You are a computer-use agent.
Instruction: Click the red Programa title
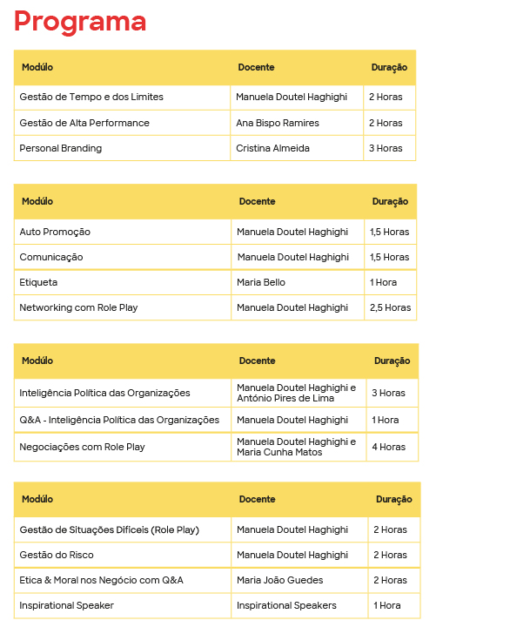pyautogui.click(x=80, y=22)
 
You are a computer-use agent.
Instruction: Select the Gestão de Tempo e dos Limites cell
pyautogui.click(x=91, y=97)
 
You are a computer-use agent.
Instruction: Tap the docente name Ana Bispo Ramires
pyautogui.click(x=277, y=123)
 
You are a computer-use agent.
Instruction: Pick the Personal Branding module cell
pyautogui.click(x=61, y=148)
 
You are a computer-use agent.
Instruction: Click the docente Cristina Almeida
pyautogui.click(x=272, y=148)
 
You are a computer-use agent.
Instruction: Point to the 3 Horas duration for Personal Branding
pyautogui.click(x=386, y=148)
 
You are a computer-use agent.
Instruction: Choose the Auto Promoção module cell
pyautogui.click(x=55, y=232)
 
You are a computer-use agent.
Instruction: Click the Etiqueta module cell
pyautogui.click(x=38, y=282)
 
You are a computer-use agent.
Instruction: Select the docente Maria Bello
pyautogui.click(x=261, y=282)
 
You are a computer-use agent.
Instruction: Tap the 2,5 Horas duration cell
pyautogui.click(x=390, y=307)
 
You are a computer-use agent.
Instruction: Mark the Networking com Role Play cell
pyautogui.click(x=78, y=307)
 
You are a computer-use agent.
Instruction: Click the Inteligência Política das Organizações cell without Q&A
pyautogui.click(x=104, y=393)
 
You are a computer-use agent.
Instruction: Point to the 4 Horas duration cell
pyautogui.click(x=389, y=447)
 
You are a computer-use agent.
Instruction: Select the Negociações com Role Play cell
pyautogui.click(x=82, y=447)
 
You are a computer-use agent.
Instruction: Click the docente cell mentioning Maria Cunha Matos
pyautogui.click(x=296, y=447)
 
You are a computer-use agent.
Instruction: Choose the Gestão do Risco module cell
pyautogui.click(x=57, y=555)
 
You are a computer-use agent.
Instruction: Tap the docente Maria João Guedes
pyautogui.click(x=279, y=580)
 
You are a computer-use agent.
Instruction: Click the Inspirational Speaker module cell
pyautogui.click(x=67, y=605)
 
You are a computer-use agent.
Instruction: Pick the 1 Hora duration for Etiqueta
pyautogui.click(x=384, y=282)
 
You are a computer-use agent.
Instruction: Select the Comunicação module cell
pyautogui.click(x=51, y=257)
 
